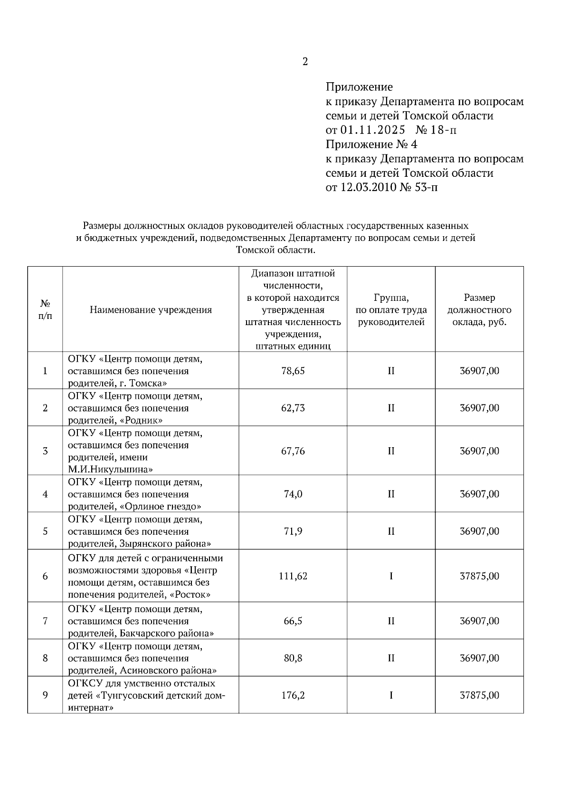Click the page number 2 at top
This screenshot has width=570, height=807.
[x=305, y=62]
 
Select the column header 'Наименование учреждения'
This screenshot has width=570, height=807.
[x=151, y=310]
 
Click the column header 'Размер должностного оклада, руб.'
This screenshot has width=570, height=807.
[x=479, y=310]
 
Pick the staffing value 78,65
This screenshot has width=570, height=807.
[x=293, y=371]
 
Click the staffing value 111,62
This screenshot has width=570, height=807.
[x=293, y=576]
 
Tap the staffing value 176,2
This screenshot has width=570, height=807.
[x=293, y=695]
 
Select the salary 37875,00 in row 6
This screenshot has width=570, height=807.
[x=479, y=576]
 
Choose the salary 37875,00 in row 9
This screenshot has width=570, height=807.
[x=479, y=695]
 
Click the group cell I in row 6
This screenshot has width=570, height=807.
[x=391, y=576]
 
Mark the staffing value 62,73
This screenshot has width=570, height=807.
[x=293, y=408]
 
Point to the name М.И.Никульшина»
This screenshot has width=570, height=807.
[x=110, y=470]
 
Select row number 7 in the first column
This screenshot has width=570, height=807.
[x=45, y=621]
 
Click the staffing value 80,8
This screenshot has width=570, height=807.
[x=293, y=658]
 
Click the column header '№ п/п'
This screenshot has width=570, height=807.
[x=45, y=310]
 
